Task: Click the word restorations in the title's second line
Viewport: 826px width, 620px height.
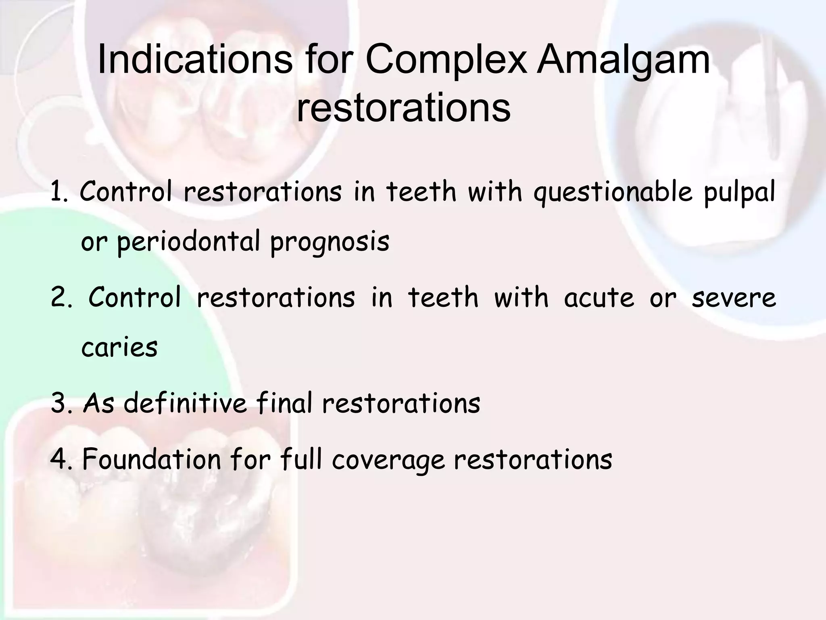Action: click(403, 108)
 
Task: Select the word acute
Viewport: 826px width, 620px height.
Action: click(599, 298)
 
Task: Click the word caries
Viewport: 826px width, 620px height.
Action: click(119, 347)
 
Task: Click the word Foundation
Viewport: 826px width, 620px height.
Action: click(151, 459)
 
